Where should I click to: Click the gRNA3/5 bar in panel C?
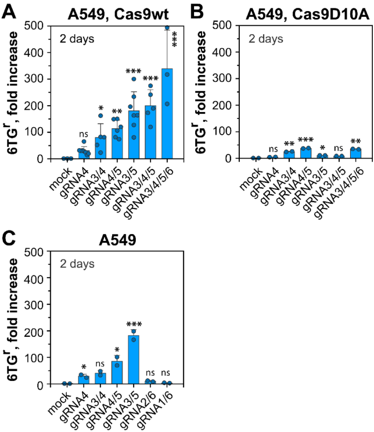[134, 360]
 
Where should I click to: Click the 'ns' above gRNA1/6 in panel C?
[167, 373]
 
